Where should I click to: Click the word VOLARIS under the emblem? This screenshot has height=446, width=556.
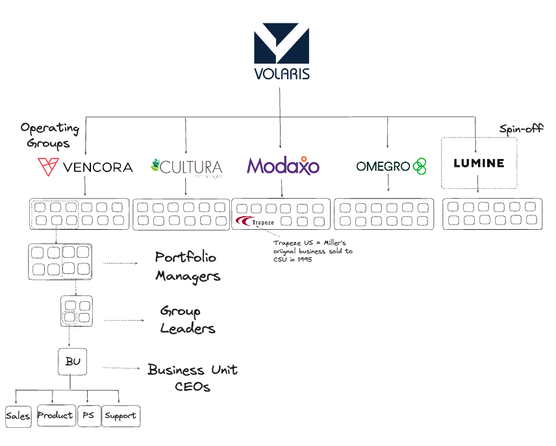(x=281, y=72)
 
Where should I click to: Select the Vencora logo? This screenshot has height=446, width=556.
(x=85, y=167)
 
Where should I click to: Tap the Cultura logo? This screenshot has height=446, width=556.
(x=186, y=167)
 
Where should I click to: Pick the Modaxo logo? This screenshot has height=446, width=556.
(x=283, y=166)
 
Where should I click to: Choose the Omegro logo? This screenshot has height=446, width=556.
(x=390, y=166)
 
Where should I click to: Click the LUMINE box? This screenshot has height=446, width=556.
(x=479, y=163)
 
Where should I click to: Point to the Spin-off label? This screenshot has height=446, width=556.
(x=521, y=129)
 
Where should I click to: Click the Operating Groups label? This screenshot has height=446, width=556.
(x=49, y=134)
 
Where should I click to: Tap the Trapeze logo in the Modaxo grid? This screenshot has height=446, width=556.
(x=255, y=222)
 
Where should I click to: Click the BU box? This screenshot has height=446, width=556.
(x=73, y=362)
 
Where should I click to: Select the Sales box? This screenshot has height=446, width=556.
(x=18, y=416)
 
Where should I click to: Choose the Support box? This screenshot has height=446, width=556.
(x=121, y=416)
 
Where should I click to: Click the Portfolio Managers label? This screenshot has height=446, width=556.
(x=187, y=266)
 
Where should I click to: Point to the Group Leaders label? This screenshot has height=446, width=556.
(x=187, y=320)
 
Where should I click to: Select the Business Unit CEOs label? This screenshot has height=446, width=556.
(x=192, y=378)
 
